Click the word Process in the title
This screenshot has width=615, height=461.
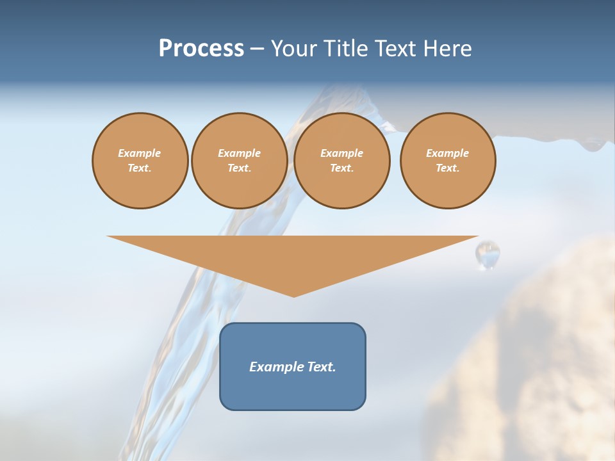click(201, 49)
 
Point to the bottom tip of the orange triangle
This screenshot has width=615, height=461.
click(293, 295)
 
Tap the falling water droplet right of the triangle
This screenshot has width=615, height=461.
click(488, 254)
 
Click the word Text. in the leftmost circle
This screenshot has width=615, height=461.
click(140, 168)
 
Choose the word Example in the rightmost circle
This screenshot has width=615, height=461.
click(447, 153)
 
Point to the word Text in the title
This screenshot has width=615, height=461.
click(396, 49)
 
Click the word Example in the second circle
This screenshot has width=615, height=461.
click(239, 153)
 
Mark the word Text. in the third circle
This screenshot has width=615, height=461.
click(341, 168)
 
